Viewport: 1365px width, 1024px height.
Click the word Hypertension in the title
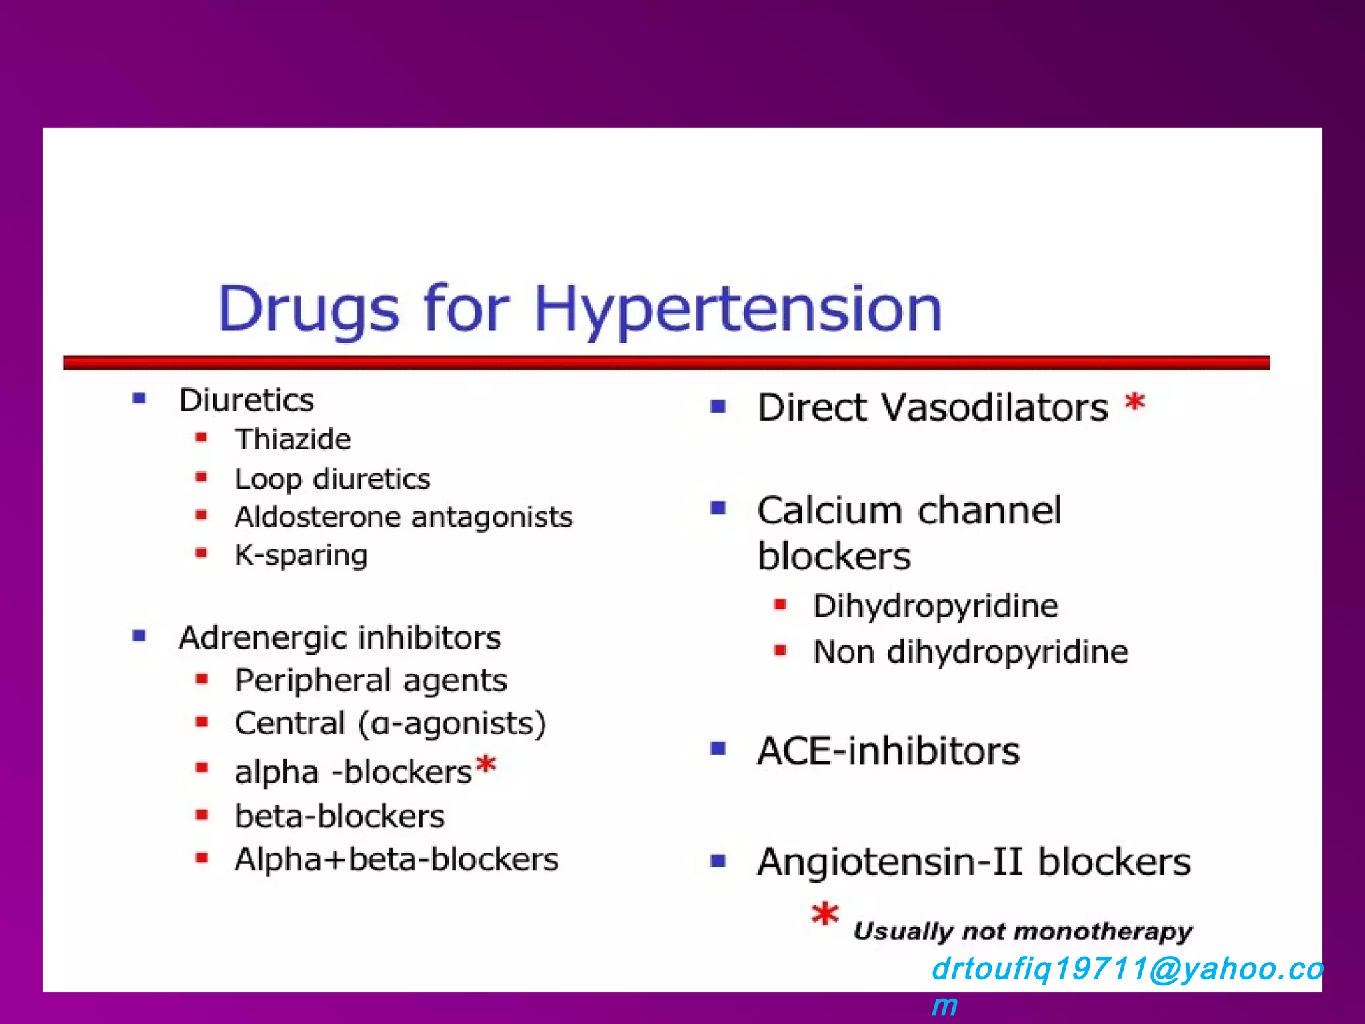point(738,309)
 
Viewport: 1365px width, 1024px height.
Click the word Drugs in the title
point(309,309)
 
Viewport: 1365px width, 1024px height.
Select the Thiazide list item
point(293,439)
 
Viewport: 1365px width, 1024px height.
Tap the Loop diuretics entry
point(333,479)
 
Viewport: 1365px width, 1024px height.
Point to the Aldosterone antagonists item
point(403,517)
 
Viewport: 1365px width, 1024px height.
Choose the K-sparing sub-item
point(301,555)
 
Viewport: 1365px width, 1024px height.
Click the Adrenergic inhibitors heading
point(340,638)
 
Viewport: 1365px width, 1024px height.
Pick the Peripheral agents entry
point(371,681)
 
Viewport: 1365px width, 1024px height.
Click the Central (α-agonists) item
point(390,723)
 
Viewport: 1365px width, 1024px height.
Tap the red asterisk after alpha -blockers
point(487,765)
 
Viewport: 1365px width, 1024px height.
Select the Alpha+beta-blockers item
point(397,859)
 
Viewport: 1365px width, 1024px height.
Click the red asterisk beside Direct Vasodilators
point(1134,403)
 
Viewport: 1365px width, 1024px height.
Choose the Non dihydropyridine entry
point(970,652)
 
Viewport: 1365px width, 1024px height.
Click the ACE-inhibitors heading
point(888,751)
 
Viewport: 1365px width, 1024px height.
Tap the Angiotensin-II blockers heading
point(974,862)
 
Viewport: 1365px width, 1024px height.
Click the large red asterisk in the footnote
point(825,915)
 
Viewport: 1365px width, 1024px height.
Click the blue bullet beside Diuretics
point(139,399)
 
